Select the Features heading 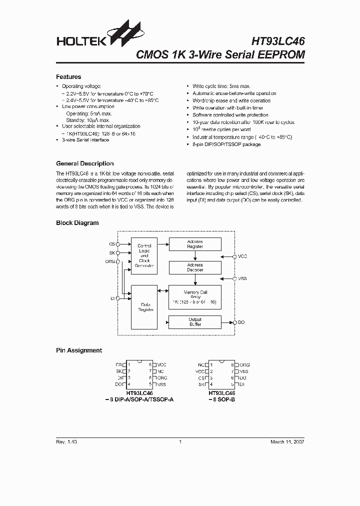pos(68,77)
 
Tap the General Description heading pos(84,163)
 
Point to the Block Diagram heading pos(77,223)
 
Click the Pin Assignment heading pos(78,350)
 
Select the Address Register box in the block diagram pos(194,244)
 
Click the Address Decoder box pos(194,267)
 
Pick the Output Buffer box pos(194,322)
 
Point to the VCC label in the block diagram pos(242,256)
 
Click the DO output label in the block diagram pos(241,322)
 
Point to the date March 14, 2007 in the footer pos(287,442)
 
